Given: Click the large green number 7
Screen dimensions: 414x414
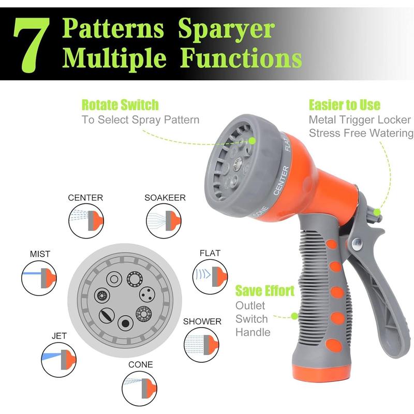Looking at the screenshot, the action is coord(32,46).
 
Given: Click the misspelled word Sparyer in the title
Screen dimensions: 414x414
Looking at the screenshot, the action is coord(227,29).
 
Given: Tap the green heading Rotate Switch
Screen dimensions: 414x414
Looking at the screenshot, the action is coord(120,105).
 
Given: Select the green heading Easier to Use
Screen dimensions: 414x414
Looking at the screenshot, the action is coord(345,105).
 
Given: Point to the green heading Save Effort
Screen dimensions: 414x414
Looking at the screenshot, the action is coord(265,291).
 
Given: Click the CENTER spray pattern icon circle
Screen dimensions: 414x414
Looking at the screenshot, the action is coord(86,221).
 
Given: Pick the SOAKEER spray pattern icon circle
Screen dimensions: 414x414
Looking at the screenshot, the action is coord(164,221).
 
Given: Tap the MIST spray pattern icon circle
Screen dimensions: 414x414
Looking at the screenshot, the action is coord(39,278).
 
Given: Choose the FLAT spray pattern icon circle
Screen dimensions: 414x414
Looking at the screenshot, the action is coord(210,277).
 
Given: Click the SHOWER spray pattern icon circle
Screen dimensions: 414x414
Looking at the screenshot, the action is coord(201,345).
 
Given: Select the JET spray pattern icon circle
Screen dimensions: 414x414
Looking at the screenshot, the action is coord(59,360).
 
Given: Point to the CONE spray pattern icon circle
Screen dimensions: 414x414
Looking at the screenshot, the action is coord(139,389).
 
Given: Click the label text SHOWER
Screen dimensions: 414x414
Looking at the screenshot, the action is coord(202,321).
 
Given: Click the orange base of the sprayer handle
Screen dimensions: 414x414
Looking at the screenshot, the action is coord(321,372).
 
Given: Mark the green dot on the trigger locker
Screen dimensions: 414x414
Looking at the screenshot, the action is coord(377,212).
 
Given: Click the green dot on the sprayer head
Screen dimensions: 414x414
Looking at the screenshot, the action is coord(252,141).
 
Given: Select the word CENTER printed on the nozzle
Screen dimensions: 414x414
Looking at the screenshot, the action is coord(282,180).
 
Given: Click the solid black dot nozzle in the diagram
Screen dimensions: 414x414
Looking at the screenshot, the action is coord(125,323).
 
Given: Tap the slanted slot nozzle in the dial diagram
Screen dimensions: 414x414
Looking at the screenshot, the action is coord(107,315).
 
